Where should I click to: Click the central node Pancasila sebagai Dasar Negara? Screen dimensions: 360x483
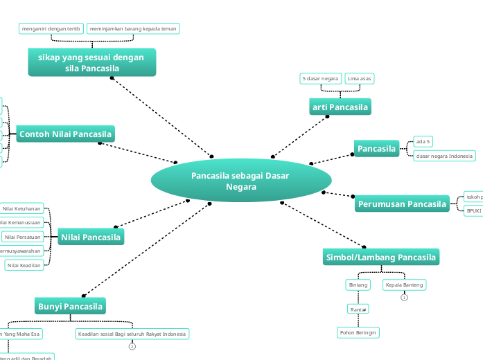[240, 181]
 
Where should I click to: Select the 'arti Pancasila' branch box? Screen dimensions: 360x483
[340, 107]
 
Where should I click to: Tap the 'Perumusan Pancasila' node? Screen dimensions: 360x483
[402, 204]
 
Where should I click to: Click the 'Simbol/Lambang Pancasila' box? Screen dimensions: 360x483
[381, 258]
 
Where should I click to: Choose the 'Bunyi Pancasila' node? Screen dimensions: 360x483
[70, 306]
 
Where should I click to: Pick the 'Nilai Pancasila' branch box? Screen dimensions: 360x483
[91, 237]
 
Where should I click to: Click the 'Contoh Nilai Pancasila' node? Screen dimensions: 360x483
[66, 134]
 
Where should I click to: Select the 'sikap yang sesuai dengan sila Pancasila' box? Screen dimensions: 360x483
[91, 62]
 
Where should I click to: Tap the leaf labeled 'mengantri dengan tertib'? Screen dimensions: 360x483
[51, 28]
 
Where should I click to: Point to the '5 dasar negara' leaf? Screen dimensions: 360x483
[320, 78]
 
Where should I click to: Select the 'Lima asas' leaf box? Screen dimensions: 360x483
[360, 78]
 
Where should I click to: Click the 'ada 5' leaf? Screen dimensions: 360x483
[423, 141]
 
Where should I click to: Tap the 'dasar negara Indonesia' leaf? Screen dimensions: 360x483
[444, 156]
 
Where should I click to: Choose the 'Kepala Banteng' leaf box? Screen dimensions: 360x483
[404, 285]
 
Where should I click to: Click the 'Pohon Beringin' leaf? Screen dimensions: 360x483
[358, 333]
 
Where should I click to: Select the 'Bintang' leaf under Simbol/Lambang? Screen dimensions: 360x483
[358, 285]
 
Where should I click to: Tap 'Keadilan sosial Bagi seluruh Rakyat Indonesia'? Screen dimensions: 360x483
[132, 334]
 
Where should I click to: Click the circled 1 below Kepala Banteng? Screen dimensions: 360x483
[404, 298]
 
